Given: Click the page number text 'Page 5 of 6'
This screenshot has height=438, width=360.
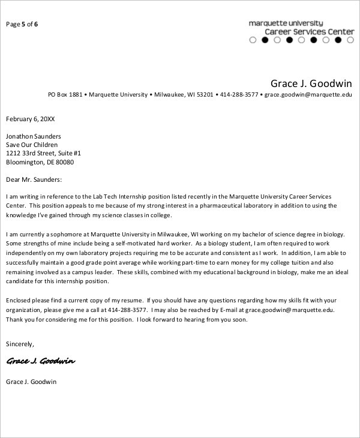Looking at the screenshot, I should (x=22, y=25).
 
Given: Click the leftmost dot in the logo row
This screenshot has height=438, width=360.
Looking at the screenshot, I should (x=253, y=41).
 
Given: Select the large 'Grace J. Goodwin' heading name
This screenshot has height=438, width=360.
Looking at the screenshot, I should (x=311, y=82).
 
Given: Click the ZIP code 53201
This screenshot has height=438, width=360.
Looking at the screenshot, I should (x=205, y=95).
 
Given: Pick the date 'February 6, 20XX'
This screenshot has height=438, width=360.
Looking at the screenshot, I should (x=30, y=119).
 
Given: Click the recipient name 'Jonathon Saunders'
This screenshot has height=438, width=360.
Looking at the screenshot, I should (x=34, y=136).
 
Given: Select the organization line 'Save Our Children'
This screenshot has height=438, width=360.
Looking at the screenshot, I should (x=32, y=145).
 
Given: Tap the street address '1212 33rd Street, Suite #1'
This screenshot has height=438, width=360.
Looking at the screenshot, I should (x=44, y=154).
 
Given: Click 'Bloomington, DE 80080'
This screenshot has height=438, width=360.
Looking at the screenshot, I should (x=40, y=162).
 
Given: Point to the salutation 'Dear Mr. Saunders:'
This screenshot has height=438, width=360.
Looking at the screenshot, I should (x=34, y=179).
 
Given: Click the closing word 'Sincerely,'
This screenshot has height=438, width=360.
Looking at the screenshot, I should (x=20, y=344).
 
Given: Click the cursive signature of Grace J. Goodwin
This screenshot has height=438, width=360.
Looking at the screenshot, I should (x=41, y=362).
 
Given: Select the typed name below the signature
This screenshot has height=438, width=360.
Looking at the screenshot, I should (x=31, y=382).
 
